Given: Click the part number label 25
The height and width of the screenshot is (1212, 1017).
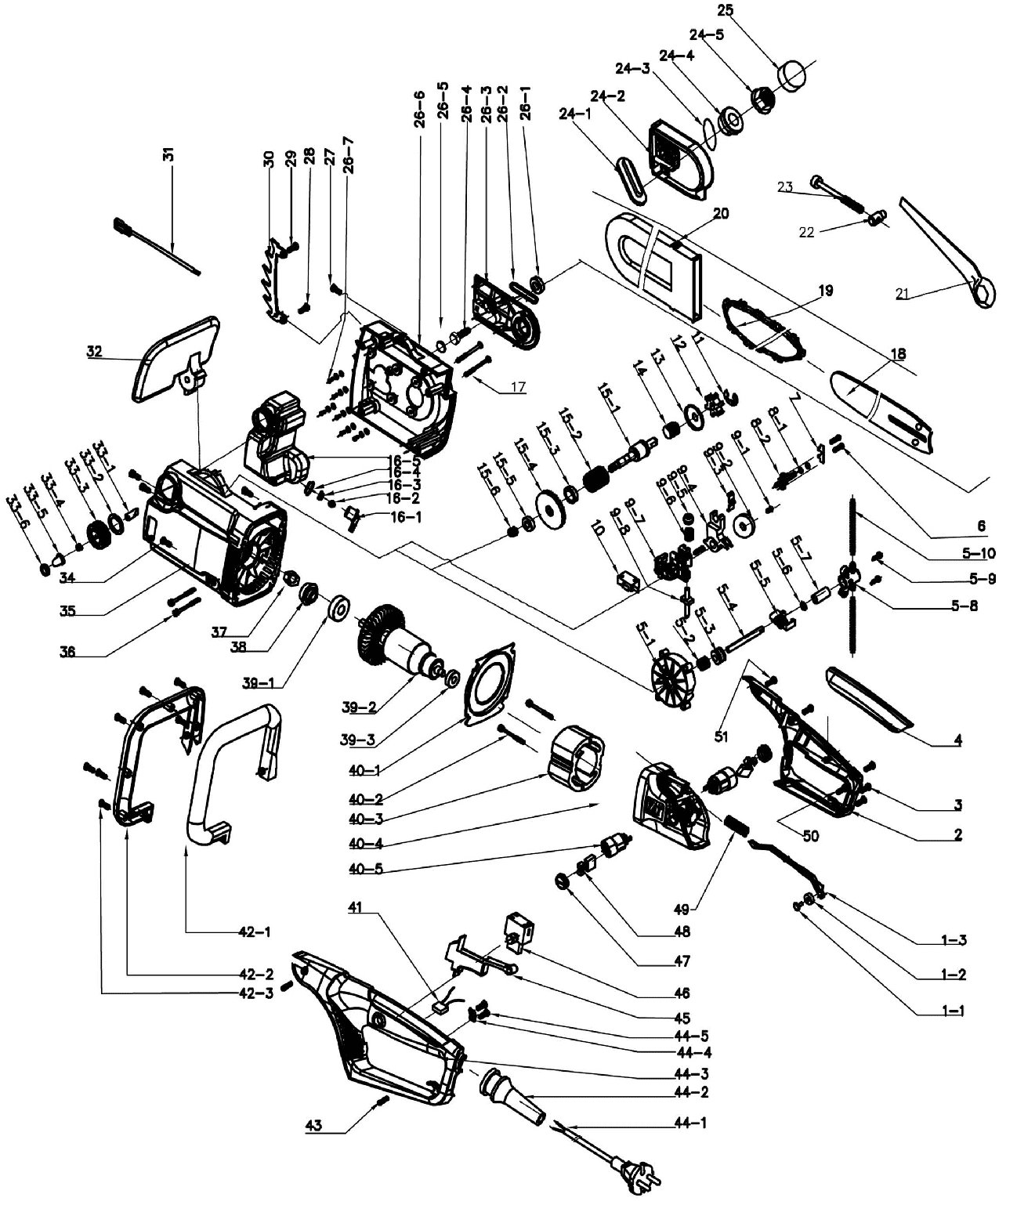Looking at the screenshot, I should point(724,12).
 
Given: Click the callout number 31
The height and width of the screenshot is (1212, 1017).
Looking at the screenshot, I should point(168,154).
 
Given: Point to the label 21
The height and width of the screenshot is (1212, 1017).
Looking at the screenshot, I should point(906,294).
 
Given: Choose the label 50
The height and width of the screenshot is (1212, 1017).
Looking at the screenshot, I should point(811,836).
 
